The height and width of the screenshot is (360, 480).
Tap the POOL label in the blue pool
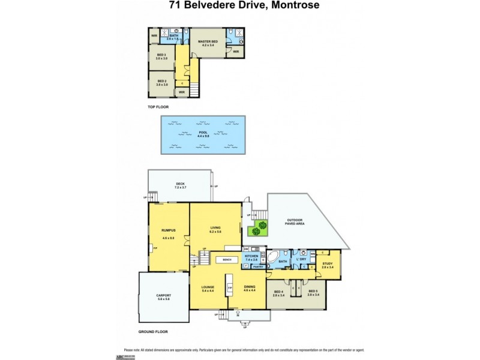coord(202,133)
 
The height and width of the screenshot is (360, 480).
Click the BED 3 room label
coord(161,56)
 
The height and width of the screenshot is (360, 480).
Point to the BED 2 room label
coord(161,82)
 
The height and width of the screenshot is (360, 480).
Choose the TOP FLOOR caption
coord(158,107)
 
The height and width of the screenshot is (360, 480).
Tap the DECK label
coord(180,185)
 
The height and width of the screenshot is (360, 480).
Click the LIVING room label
coord(215,229)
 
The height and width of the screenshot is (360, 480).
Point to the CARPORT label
coord(164,296)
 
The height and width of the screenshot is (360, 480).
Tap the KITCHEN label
coord(251,257)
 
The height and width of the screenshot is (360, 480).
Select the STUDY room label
coord(328,264)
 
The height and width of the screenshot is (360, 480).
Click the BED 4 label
coord(278,292)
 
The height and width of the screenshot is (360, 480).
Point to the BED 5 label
coord(313,292)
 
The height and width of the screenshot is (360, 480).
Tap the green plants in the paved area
coord(259,229)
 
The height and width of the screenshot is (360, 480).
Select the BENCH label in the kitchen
coord(227,259)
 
